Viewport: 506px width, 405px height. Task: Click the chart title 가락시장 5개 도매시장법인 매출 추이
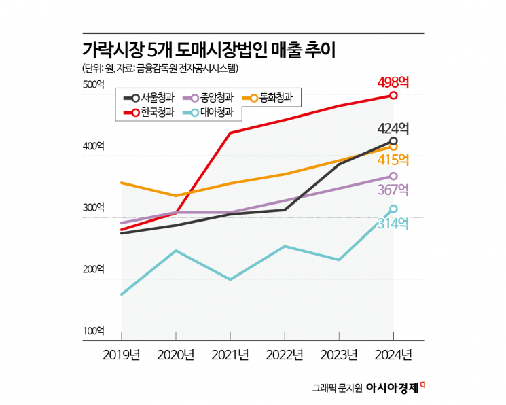(209, 50)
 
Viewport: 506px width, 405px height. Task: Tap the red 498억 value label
(393, 82)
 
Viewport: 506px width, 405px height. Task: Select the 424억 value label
(393, 128)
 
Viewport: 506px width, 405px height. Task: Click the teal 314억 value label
(393, 223)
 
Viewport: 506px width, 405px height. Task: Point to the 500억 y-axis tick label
(94, 84)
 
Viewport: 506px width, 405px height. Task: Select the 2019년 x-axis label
(121, 354)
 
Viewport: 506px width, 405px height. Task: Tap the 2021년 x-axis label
(230, 354)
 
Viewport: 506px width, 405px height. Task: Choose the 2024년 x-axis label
(393, 354)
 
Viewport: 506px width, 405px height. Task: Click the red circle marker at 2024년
(393, 95)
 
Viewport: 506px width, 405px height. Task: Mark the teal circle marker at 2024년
(393, 209)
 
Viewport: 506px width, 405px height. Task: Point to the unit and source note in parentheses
(161, 68)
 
